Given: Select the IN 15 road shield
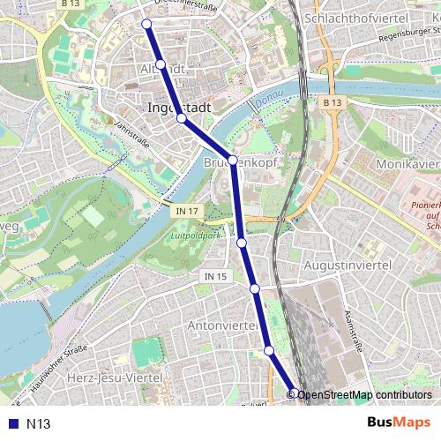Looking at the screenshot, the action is [x=215, y=277].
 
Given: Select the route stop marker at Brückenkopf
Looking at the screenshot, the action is [x=233, y=160].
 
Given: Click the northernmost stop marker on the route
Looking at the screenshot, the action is [x=146, y=24].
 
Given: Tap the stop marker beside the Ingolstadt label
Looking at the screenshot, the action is [x=181, y=117].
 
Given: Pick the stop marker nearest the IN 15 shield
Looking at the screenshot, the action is [x=255, y=288].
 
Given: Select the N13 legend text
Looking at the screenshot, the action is [x=38, y=423].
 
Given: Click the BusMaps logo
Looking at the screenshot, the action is [x=399, y=422].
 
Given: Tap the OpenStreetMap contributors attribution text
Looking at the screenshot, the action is [x=364, y=395].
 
